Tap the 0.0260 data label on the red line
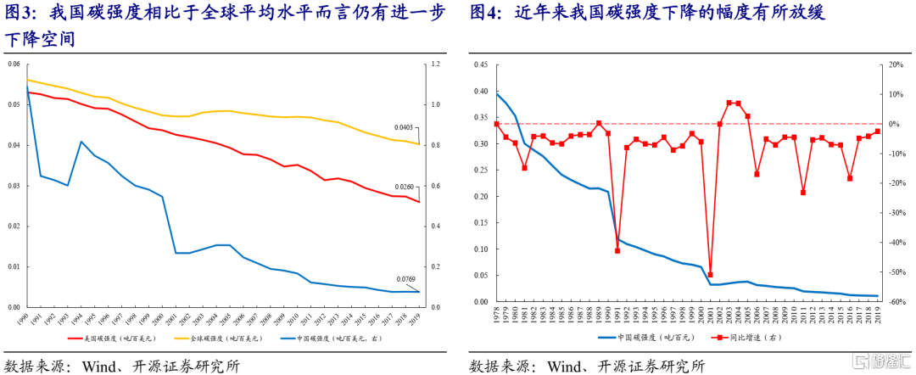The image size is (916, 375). pos(405,187)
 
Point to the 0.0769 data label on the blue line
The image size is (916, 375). pos(405,279)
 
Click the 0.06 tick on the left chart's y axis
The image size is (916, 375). pos(13,64)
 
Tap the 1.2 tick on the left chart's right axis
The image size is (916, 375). pos(436,64)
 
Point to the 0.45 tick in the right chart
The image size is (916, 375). pos(479,64)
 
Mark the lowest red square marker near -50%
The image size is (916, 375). pos(710,275)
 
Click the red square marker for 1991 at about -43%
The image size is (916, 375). pos(617,251)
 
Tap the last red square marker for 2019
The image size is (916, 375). pos(878,132)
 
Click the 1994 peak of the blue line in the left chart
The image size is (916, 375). pos(81,142)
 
